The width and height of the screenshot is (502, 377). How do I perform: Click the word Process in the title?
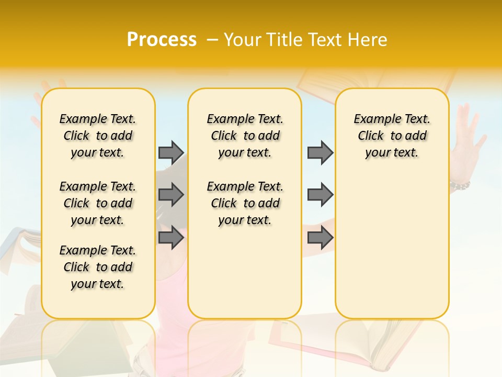point(162,40)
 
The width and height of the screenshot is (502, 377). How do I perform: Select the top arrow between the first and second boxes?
point(171,152)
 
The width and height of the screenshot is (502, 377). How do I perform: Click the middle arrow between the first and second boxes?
point(171,195)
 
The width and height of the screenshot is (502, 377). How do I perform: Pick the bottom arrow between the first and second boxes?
point(171,238)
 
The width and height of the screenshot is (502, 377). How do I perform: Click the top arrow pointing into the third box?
point(320,152)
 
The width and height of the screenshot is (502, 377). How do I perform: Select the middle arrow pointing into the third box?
point(320,195)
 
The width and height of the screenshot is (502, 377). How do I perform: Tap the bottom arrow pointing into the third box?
point(320,238)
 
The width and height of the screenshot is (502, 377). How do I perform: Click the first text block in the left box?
point(98,136)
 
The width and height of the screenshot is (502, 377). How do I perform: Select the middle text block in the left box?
point(98,203)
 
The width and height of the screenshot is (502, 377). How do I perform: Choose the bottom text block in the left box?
point(98,267)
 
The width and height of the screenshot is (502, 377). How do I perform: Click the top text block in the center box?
point(245,136)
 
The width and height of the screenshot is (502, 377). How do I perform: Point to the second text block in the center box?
point(245,203)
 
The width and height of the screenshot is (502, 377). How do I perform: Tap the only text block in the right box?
point(392,136)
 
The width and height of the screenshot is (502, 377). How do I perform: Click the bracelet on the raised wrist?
point(460,185)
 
